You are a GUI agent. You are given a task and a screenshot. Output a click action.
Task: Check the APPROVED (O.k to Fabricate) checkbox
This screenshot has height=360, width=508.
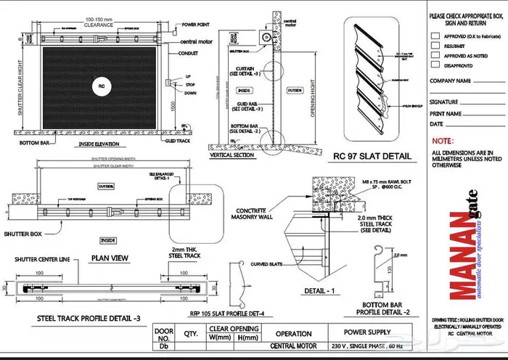tap(435, 34)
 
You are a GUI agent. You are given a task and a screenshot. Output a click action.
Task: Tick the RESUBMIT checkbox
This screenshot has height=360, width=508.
tap(435, 44)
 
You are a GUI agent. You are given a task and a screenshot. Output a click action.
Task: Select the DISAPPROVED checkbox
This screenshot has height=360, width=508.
tap(435, 64)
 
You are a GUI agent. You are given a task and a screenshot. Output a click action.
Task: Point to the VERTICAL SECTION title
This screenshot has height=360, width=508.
tap(232, 155)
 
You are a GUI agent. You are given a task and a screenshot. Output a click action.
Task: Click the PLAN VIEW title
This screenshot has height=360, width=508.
tap(110, 257)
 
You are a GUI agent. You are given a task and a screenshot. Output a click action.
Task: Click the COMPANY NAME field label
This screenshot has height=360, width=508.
tap(451, 81)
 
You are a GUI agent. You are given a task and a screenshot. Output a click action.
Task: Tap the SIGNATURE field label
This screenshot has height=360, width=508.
tap(443, 102)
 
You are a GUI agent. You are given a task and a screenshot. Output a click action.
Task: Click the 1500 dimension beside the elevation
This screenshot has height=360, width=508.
tap(173, 106)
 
